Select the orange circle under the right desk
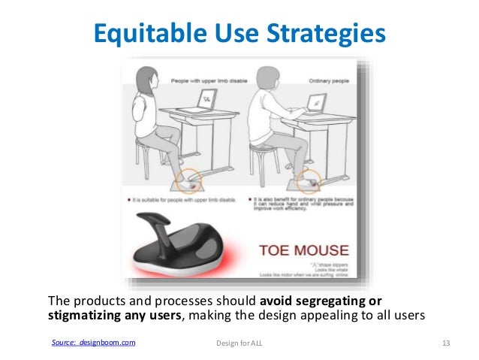(x=308, y=180)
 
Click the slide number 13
(x=445, y=343)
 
